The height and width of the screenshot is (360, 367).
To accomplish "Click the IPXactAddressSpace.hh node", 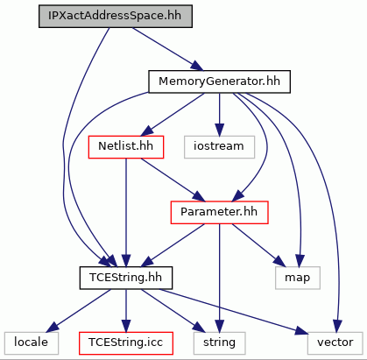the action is (x=116, y=17).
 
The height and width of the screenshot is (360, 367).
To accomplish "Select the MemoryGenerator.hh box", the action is (x=219, y=81).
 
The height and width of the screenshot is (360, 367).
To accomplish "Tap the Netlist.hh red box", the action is (x=126, y=147).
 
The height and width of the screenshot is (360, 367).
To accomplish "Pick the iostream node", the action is (x=219, y=147).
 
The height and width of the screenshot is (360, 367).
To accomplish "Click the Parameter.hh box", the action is (x=219, y=213).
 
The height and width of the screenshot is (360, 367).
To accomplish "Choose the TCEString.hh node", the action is (x=126, y=278).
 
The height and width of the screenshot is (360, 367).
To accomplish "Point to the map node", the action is (x=298, y=278).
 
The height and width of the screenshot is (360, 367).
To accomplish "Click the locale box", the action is (x=32, y=343).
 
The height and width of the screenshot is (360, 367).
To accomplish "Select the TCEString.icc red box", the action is (x=126, y=343).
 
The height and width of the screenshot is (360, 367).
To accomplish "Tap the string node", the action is (x=219, y=343).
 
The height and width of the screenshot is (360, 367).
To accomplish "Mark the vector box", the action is (x=335, y=343).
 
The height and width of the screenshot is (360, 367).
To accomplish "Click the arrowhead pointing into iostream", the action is (x=220, y=130).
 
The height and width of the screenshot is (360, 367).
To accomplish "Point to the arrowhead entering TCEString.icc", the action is (x=126, y=326).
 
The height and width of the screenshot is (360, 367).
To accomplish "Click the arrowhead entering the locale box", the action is (x=53, y=328).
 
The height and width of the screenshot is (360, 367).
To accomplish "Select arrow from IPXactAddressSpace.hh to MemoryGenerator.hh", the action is (x=167, y=49).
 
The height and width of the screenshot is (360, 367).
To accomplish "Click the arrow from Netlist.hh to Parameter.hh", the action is (x=173, y=180).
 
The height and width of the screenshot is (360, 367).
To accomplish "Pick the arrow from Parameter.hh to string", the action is (x=220, y=278).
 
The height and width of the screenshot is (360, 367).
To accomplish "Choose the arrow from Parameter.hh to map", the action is (x=258, y=245).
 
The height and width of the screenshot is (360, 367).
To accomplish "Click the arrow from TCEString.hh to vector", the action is (x=234, y=312).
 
